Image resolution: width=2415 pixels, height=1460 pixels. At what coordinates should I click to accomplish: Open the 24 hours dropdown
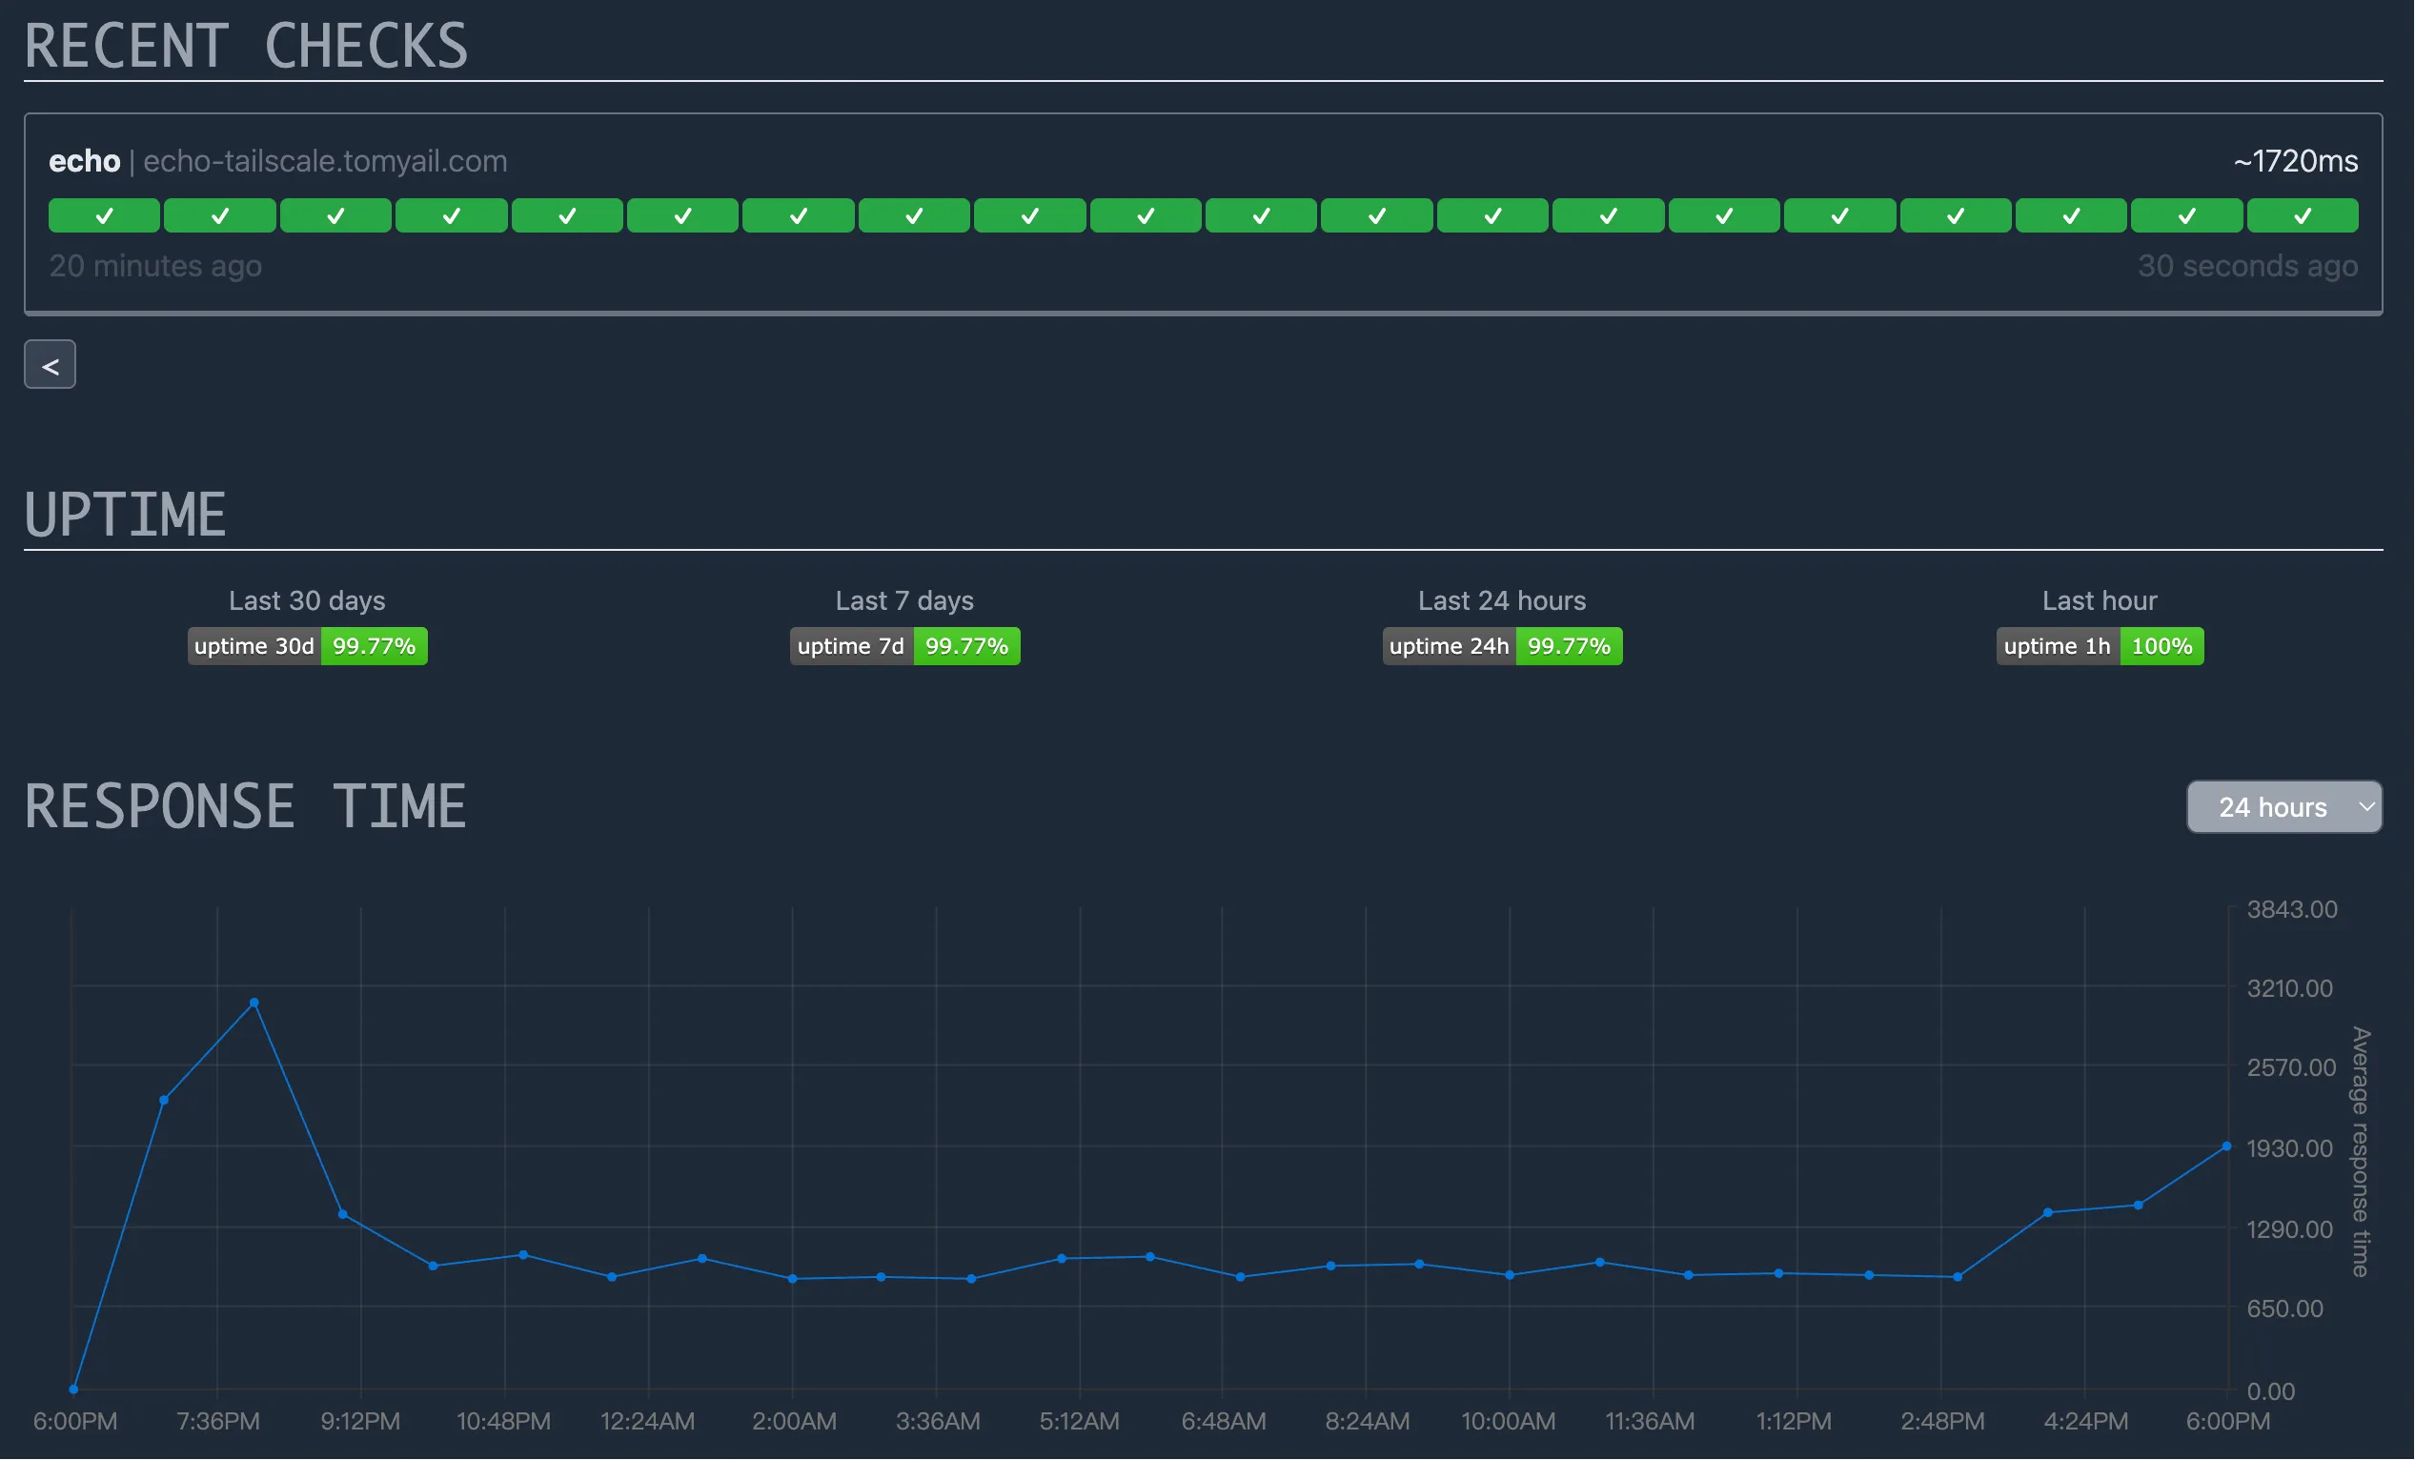click(x=2283, y=807)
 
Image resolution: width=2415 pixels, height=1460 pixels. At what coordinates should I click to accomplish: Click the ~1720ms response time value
click(x=2296, y=162)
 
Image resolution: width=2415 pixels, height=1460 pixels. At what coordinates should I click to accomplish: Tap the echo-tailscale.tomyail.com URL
click(x=325, y=162)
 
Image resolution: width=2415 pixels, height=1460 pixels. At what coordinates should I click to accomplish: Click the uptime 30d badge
click(x=307, y=647)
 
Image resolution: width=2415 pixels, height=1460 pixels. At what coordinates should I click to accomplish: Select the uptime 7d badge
click(x=904, y=647)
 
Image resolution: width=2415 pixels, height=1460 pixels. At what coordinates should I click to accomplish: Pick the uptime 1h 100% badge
click(x=2100, y=647)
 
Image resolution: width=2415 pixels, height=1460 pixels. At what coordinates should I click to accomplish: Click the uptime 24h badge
click(x=1502, y=647)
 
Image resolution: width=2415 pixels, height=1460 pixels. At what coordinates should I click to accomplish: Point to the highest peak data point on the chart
click(x=254, y=1004)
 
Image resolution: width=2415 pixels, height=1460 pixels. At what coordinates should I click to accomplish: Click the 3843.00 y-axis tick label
click(x=2291, y=909)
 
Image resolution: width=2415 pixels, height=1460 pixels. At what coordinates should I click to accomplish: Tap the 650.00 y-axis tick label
click(x=2284, y=1309)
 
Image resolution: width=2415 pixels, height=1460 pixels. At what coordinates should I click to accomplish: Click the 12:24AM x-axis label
click(x=648, y=1422)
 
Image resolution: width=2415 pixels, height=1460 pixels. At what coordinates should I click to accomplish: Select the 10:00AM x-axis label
click(x=1509, y=1422)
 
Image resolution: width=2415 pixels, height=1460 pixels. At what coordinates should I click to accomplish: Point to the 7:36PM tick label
click(x=217, y=1422)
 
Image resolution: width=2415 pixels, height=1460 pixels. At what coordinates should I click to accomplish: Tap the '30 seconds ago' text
click(x=2247, y=267)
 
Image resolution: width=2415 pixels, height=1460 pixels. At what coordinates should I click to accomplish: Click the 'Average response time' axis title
click(x=2361, y=1152)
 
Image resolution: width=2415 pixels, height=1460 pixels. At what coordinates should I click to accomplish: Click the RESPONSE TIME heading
click(x=245, y=807)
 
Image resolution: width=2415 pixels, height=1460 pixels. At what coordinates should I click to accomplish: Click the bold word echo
click(x=84, y=162)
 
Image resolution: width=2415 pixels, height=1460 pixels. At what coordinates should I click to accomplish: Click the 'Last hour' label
click(x=2100, y=600)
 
